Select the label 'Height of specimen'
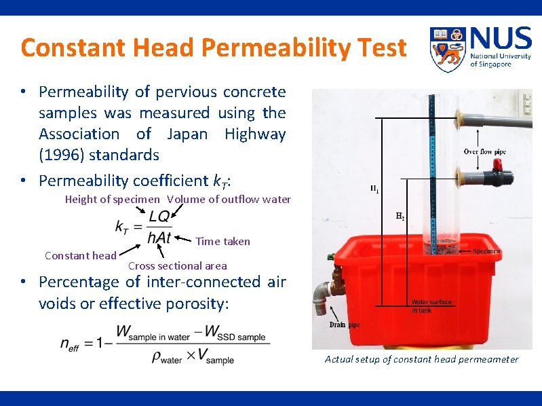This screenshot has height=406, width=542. (x=113, y=199)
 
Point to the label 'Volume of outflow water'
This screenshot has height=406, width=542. (x=229, y=199)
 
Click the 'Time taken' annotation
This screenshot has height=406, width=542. (x=222, y=241)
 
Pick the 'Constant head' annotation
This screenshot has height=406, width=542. (x=80, y=255)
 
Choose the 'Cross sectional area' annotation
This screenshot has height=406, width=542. (x=177, y=265)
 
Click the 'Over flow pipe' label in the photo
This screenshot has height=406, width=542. (x=484, y=151)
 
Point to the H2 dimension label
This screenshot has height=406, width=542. (x=401, y=217)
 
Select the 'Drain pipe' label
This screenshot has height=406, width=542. (x=345, y=325)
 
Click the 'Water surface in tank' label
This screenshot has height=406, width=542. (x=431, y=306)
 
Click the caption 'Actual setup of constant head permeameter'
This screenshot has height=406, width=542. (x=421, y=359)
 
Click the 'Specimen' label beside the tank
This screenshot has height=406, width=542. (x=486, y=251)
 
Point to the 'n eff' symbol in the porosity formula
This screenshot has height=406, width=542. (x=70, y=344)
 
